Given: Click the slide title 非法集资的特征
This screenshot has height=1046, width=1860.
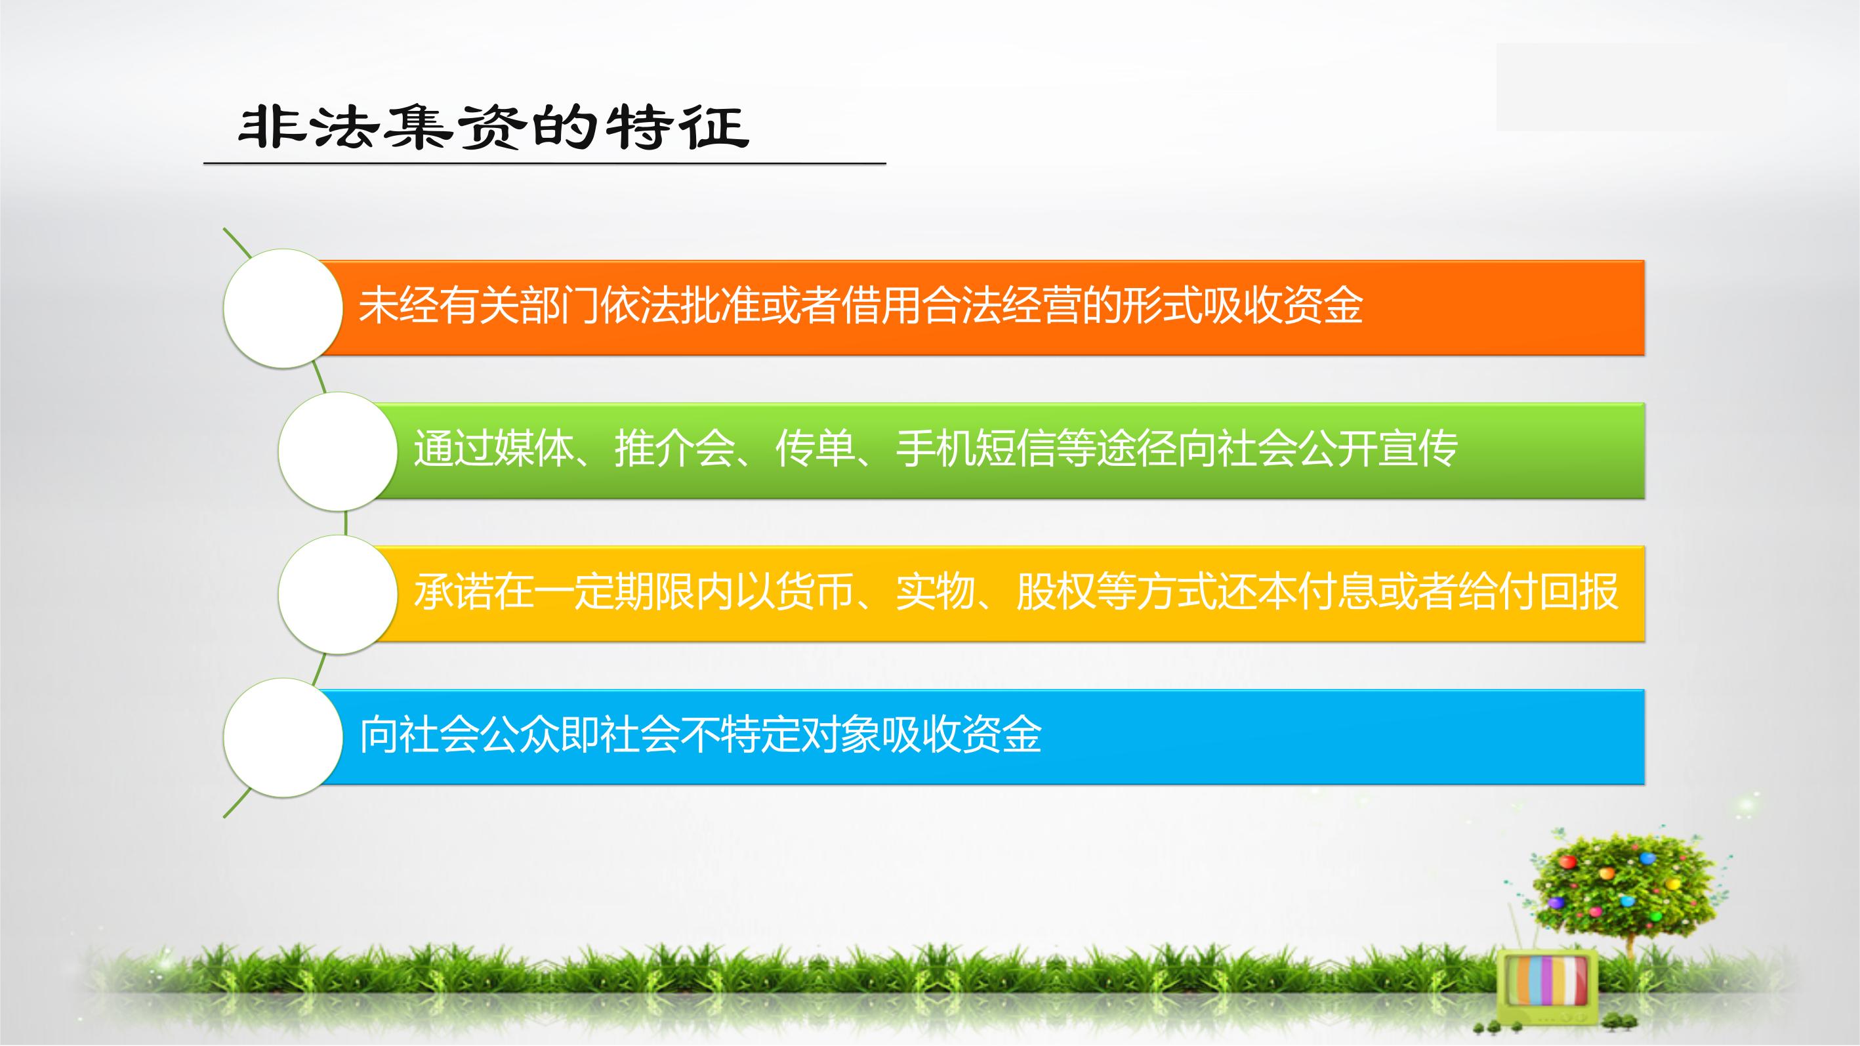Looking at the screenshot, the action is click(494, 127).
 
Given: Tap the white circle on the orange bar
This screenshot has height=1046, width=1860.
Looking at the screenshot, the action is click(283, 308).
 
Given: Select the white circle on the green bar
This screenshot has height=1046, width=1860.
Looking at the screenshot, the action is click(338, 451).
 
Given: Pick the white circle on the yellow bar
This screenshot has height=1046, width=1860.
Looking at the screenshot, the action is click(338, 595).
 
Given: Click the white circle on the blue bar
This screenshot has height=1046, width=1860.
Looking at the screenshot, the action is click(283, 738).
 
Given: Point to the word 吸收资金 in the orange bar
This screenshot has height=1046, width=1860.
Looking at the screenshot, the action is click(1283, 305).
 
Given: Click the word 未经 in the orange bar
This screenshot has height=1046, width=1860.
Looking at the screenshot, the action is click(400, 305).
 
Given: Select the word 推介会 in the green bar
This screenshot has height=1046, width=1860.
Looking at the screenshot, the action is click(675, 448).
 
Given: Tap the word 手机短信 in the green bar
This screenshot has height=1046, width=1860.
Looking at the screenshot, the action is click(976, 448).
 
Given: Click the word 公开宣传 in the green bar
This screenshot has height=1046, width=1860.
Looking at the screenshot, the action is click(1378, 448).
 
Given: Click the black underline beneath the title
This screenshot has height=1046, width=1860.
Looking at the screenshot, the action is click(545, 164).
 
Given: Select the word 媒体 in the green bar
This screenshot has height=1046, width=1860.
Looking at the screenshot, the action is click(534, 448).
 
